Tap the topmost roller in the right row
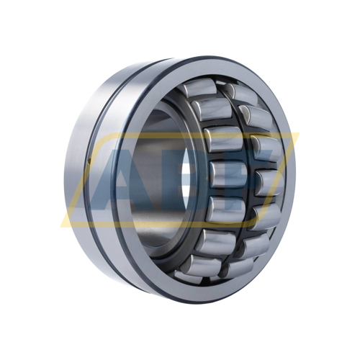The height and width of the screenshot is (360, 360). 232,91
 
